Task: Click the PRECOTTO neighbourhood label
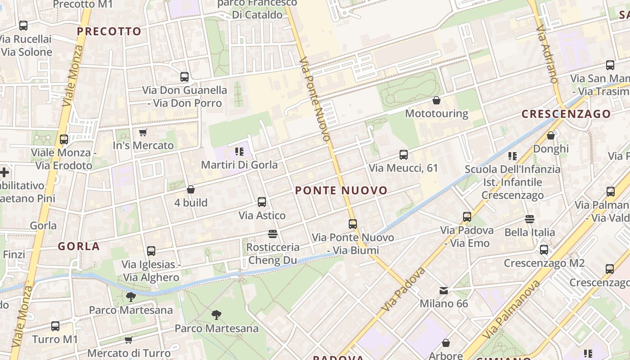pos(109,31)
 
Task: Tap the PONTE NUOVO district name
pos(341,190)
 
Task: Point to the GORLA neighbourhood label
pos(79,246)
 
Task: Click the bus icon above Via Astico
pos(262,202)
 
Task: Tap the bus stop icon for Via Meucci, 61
pos(404,155)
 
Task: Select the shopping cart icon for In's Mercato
pos(143,132)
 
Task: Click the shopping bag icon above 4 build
pos(191,189)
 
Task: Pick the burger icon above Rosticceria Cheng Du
pos(272,234)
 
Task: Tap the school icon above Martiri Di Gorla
pos(239,151)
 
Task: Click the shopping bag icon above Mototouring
pos(436,100)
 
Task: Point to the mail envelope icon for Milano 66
pos(444,291)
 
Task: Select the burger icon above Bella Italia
pos(529,219)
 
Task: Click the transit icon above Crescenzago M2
pos(544,249)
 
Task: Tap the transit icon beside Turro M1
pos(55,326)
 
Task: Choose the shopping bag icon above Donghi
pos(550,135)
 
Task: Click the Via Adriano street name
pos(546,54)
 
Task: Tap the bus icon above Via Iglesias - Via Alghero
pos(151,251)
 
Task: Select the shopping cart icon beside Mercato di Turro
pos(129,340)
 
